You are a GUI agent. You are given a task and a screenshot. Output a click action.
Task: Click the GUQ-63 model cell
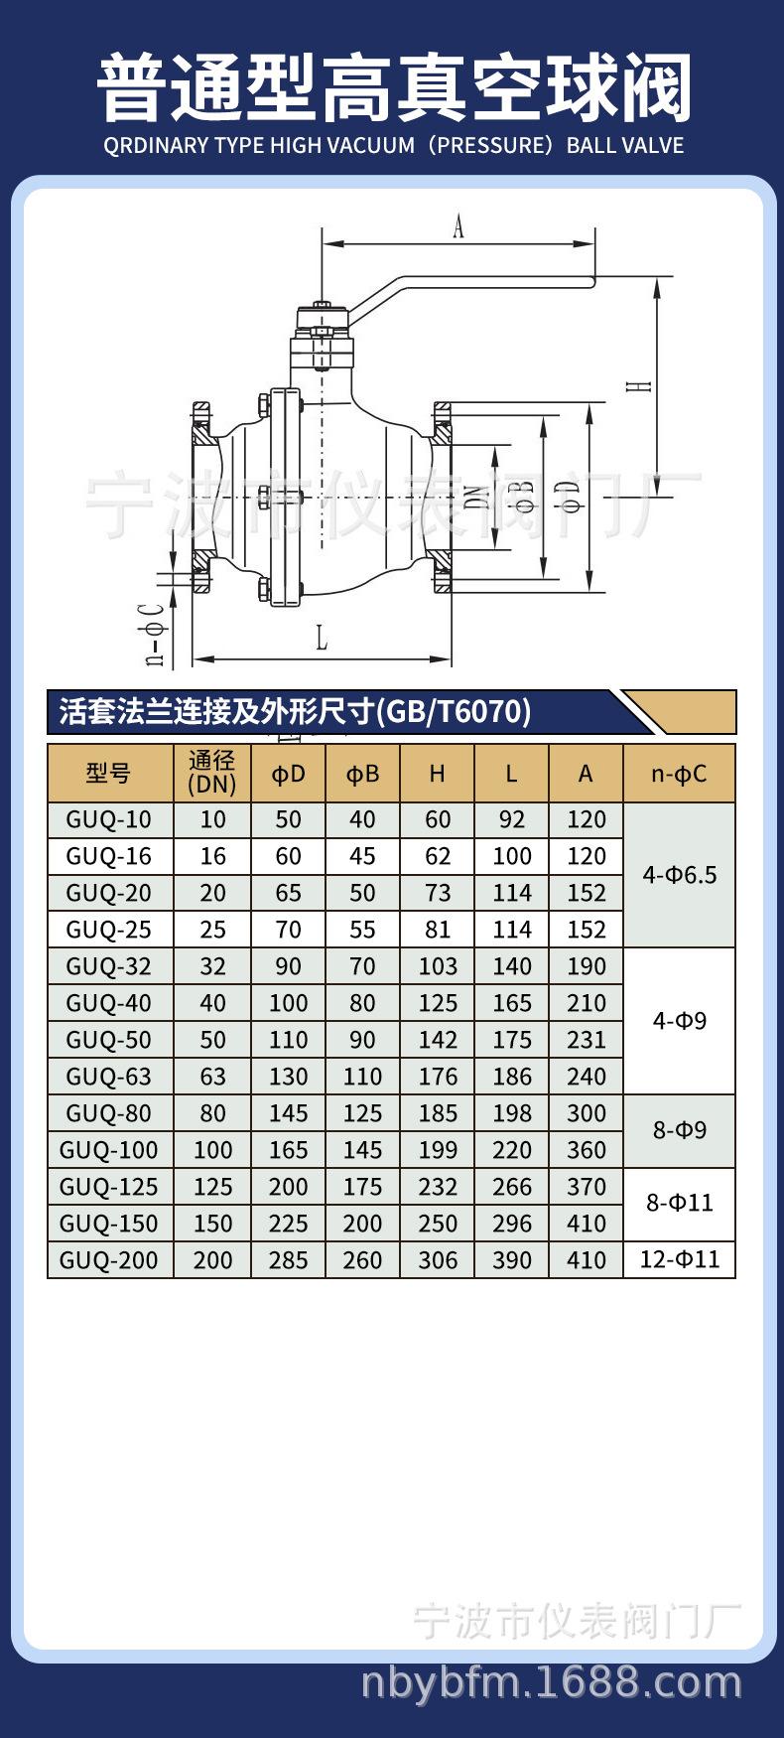click(109, 1077)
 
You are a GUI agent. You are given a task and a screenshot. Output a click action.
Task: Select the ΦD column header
click(288, 774)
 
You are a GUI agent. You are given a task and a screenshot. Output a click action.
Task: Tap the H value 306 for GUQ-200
click(438, 1260)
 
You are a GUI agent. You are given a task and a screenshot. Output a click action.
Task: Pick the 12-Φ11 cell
click(680, 1259)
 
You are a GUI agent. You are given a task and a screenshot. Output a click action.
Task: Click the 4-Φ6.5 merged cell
click(680, 875)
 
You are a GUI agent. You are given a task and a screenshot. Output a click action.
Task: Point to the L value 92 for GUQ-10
click(512, 819)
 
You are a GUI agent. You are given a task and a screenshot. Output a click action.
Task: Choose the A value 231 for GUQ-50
click(587, 1040)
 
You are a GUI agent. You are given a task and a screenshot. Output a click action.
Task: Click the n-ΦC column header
click(680, 774)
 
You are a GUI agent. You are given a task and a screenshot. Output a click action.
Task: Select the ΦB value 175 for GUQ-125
click(363, 1187)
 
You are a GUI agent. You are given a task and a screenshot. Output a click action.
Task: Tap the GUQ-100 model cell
click(109, 1150)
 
